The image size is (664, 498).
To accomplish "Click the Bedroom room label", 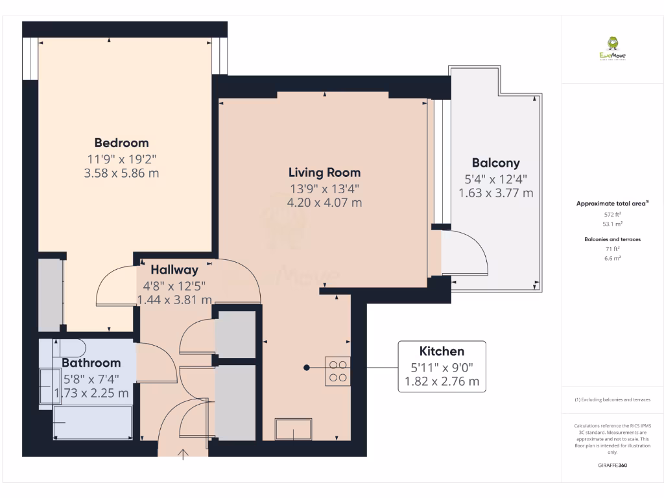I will coord(121,143).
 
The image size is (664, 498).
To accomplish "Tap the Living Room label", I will coord(324,172).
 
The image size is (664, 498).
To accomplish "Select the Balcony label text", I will coord(495,163).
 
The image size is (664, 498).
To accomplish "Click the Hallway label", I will coord(174,270).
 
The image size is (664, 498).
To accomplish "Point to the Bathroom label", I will coord(91,362).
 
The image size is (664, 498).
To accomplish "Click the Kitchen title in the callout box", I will coord(442,351).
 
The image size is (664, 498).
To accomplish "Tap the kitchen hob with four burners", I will coord(338,371).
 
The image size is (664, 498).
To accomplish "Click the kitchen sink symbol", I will coord(293,429).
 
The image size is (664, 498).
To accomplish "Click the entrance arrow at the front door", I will coord(184,454).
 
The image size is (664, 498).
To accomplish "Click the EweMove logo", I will coord(612,48).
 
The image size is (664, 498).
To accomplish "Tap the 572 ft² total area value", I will coord(612,214).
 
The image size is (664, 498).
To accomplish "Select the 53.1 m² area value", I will coord(612,224).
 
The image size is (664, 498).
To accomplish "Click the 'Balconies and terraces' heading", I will coord(612,239).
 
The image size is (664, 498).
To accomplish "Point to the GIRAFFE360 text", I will coord(612,466).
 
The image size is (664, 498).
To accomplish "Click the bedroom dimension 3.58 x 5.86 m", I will coord(121,173).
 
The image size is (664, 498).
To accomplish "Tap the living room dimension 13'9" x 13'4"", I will coord(324,189).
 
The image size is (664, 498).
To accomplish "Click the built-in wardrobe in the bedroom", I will coord(51,294).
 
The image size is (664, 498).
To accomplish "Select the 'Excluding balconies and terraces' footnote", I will coord(612,399).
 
